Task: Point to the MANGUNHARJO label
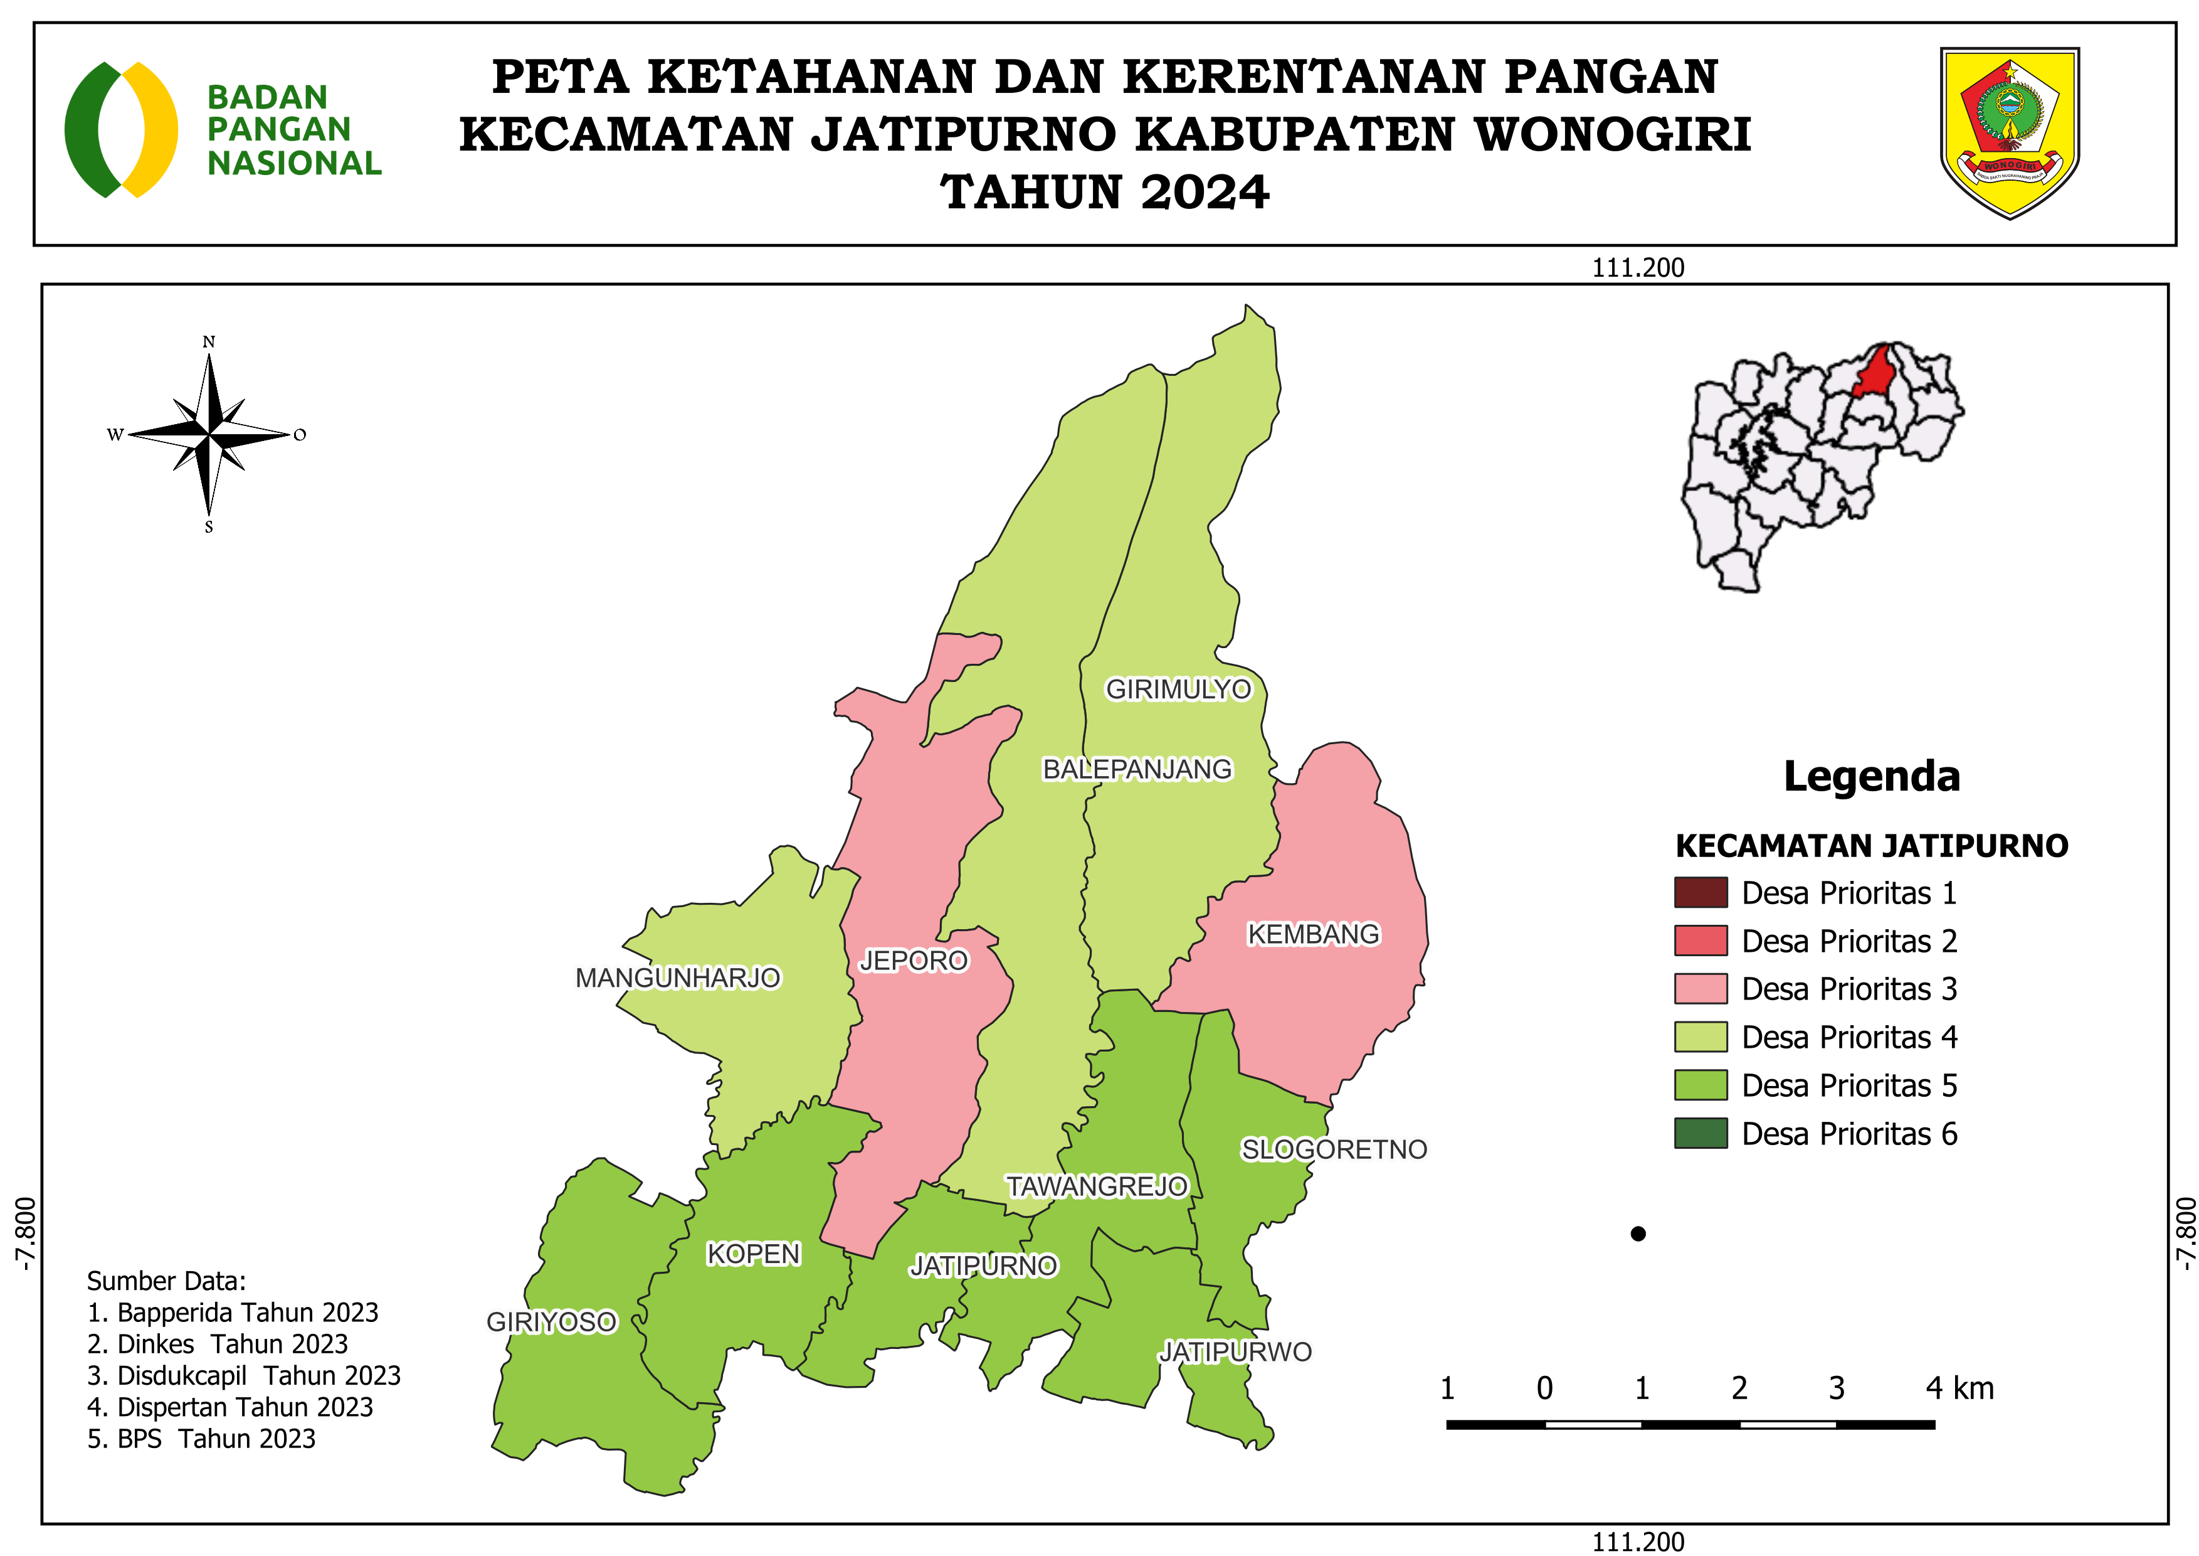(677, 978)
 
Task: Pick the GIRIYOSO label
(552, 1321)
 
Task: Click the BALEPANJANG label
(1137, 769)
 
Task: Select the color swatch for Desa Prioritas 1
(1700, 892)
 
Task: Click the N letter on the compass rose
(209, 342)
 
